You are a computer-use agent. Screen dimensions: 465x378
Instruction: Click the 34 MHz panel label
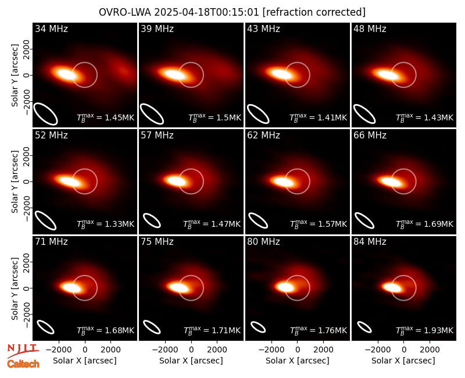point(51,28)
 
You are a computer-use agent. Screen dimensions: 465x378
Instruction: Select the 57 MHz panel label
point(157,135)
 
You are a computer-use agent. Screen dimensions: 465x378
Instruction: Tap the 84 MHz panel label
point(370,242)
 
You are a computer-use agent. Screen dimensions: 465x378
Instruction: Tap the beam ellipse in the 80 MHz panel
point(258,327)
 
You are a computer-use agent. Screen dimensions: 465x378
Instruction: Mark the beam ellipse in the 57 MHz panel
point(152,220)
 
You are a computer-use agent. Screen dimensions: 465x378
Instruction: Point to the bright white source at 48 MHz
point(385,74)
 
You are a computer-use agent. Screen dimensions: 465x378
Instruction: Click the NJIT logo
point(23,350)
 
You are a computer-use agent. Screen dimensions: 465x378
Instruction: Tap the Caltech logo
point(23,364)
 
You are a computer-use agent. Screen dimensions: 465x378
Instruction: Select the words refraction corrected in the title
point(314,12)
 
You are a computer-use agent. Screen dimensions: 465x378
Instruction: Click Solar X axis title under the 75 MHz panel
point(191,361)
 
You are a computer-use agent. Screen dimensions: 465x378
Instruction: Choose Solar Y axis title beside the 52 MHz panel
point(15,181)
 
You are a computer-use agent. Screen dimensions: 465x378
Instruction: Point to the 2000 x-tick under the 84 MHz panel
point(430,350)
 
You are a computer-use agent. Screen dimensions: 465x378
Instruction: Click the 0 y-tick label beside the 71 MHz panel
point(27,288)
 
